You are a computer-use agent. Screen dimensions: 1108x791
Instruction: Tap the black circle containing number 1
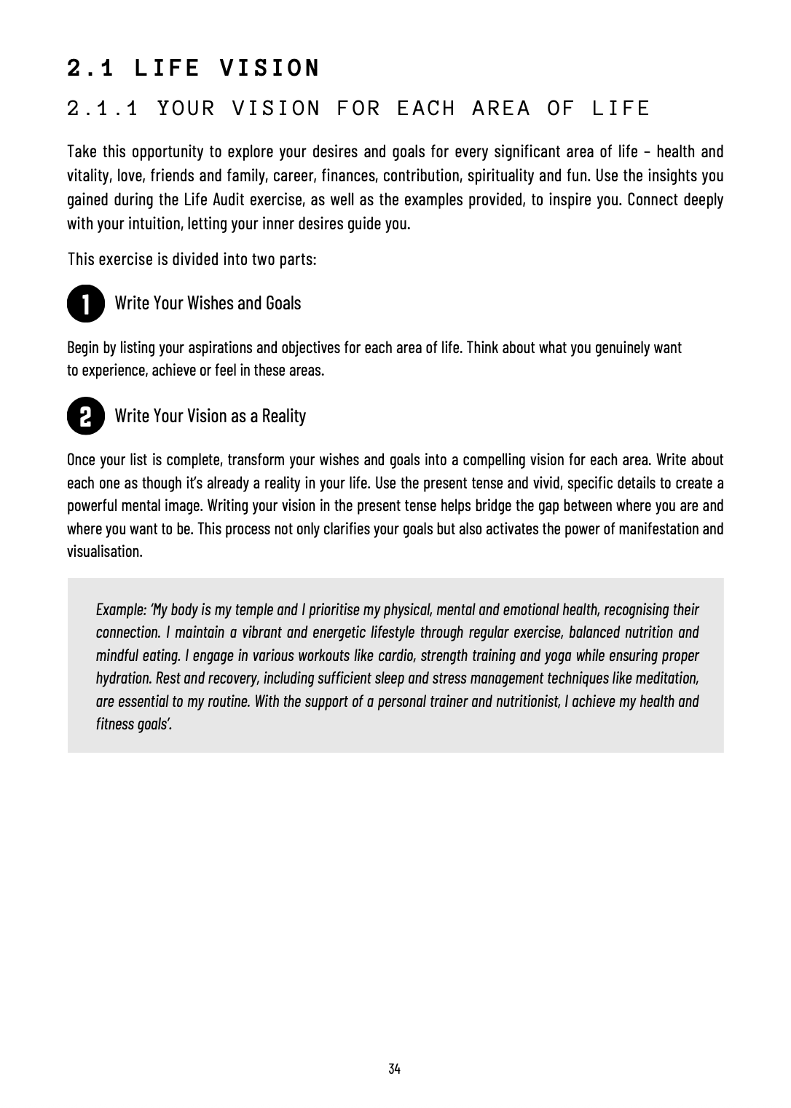click(85, 304)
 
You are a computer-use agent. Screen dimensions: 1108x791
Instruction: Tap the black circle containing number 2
click(85, 417)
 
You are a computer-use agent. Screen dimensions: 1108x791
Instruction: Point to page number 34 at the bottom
click(395, 1069)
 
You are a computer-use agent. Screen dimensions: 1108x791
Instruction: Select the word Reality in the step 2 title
click(283, 416)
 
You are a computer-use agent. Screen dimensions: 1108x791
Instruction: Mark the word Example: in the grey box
click(121, 609)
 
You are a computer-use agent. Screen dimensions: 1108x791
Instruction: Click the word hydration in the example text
click(124, 678)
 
